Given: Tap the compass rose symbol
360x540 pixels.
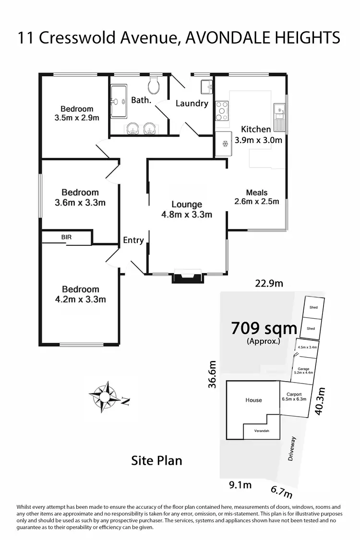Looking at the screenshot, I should tap(104, 396).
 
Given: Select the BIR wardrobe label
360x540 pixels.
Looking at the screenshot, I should tap(66, 237).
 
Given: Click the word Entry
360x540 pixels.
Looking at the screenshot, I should tap(133, 240).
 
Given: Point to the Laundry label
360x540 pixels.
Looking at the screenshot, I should tap(192, 103).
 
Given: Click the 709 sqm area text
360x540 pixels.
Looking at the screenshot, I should tap(264, 329).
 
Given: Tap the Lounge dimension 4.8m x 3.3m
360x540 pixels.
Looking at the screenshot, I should tap(187, 215).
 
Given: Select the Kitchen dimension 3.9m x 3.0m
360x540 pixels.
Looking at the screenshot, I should tap(258, 140).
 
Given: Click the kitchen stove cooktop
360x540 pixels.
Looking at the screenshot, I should tap(221, 110).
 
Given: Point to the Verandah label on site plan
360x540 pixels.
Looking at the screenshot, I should tap(262, 431).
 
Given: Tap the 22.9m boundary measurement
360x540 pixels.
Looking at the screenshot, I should tap(269, 283).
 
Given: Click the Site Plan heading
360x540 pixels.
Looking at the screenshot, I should tap(157, 461).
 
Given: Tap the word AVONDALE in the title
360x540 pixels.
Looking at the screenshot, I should tap(229, 37).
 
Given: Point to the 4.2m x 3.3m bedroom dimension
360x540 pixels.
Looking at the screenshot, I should tap(81, 300).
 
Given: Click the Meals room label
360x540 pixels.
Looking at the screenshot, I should tap(257, 192).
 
